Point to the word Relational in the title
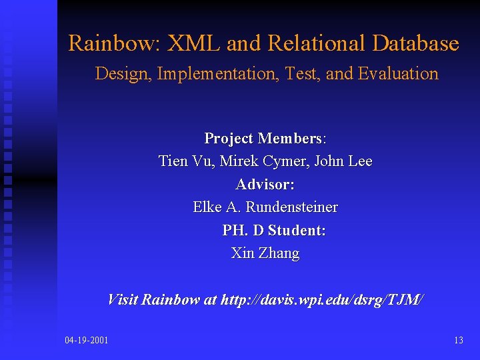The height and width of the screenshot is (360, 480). pos(317,44)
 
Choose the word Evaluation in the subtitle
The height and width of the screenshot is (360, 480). pos(398,74)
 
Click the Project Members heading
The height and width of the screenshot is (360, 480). pos(265,139)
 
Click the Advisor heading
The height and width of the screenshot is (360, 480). pos(265,184)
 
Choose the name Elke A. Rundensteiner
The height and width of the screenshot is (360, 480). pos(265,207)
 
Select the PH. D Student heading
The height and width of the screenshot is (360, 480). pos(273,231)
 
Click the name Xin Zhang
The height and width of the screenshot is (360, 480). pos(265,253)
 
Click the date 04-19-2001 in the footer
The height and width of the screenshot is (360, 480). pos(87,341)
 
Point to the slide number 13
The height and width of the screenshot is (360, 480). pos(458,341)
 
